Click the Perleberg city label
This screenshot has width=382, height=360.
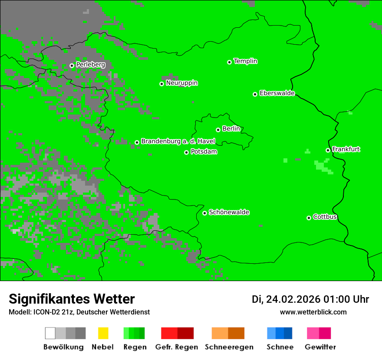pos(90,65)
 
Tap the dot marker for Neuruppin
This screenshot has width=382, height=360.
pos(161,84)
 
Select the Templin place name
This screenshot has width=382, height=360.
pos(245,61)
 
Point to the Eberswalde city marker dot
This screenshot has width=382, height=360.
pos(255,94)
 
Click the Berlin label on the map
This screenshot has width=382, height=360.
pos(231,129)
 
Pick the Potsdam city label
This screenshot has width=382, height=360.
pos(204,152)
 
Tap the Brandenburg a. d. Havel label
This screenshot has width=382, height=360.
pos(178,141)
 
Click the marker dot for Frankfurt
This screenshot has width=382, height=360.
pos(328,151)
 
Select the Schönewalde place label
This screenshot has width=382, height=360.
pos(229,213)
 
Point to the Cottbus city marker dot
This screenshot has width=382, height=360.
pos(309,218)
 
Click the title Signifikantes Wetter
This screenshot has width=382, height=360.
pos(72,299)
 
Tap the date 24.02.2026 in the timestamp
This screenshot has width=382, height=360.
pos(293,299)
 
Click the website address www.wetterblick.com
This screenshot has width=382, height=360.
pos(313,312)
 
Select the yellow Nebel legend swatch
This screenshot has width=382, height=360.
pos(103,333)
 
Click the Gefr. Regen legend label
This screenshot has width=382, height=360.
pos(176,347)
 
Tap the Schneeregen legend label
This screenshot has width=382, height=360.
pos(229,347)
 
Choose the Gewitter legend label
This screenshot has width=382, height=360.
pos(320,347)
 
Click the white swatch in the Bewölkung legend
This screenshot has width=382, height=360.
pos(50,333)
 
